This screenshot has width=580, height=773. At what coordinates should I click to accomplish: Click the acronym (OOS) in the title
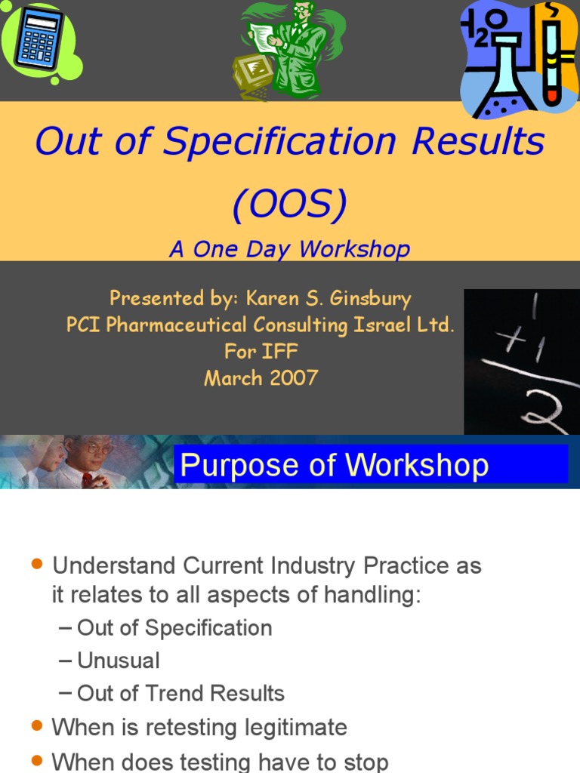point(290,203)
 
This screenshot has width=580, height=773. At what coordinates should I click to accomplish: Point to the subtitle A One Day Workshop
point(290,249)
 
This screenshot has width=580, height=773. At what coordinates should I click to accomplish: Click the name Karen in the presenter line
point(273,298)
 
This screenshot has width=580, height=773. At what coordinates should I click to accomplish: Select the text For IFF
point(261,351)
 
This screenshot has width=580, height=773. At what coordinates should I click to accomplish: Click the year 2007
point(291,377)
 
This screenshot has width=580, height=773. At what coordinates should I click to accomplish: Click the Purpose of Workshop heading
point(334,465)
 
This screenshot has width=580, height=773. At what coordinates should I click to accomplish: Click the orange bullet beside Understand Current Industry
point(36,565)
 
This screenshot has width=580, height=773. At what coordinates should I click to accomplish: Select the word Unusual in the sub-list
point(119,661)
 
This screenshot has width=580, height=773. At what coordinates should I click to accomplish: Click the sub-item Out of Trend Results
point(180,693)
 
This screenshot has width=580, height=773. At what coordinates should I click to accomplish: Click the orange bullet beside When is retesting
point(36,727)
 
